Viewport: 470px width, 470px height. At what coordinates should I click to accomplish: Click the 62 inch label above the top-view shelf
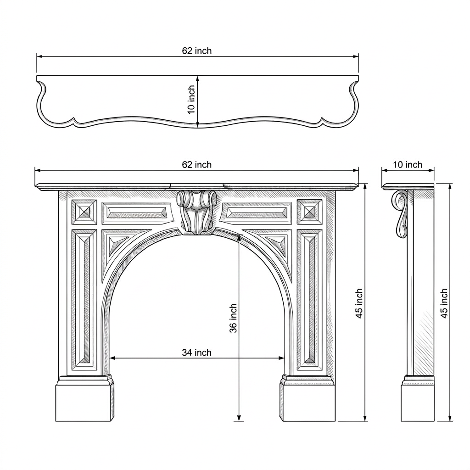(x=196, y=50)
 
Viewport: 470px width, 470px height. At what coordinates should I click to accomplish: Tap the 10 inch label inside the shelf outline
(x=191, y=100)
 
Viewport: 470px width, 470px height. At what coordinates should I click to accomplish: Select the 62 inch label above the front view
(x=196, y=165)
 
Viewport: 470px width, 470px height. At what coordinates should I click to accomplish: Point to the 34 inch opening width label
(x=196, y=352)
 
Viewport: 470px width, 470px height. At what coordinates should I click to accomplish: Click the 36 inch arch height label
(x=233, y=318)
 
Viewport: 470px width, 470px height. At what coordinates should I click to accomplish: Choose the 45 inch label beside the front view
(x=359, y=303)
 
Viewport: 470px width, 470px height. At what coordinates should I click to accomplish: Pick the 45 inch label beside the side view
(x=444, y=303)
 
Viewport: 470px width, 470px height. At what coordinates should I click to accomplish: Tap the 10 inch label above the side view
(x=408, y=165)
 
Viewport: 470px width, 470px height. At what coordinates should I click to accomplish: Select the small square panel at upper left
(x=84, y=212)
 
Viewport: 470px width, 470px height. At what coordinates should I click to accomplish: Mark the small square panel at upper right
(x=309, y=212)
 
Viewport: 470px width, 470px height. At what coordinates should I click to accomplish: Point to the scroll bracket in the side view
(x=400, y=214)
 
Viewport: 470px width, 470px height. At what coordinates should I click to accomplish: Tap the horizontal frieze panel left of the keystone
(x=137, y=213)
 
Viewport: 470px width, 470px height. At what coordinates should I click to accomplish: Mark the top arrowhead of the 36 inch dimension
(x=239, y=238)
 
